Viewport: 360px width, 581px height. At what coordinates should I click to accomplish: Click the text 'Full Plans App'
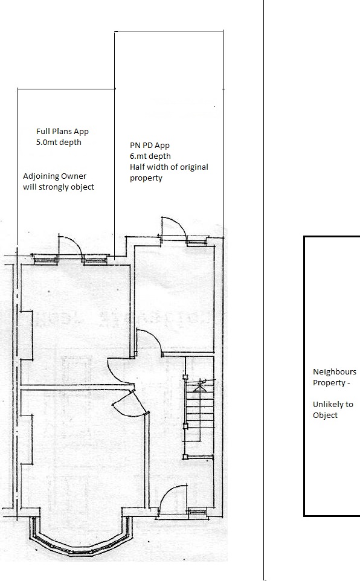(62, 132)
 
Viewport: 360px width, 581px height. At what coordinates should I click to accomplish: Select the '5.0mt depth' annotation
(59, 143)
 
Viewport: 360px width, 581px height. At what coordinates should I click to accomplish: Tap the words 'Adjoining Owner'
(54, 176)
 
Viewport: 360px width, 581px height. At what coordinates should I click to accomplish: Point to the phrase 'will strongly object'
(59, 187)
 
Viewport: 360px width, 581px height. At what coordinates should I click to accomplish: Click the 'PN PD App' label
(149, 145)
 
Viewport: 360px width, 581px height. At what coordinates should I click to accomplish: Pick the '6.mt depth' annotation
(150, 156)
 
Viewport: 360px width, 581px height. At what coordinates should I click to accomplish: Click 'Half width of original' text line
(169, 167)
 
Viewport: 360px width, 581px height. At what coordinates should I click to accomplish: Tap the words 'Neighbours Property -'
(335, 377)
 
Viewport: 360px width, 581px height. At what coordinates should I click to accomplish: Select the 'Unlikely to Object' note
(333, 410)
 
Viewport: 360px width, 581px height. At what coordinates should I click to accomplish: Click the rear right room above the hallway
(173, 297)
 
